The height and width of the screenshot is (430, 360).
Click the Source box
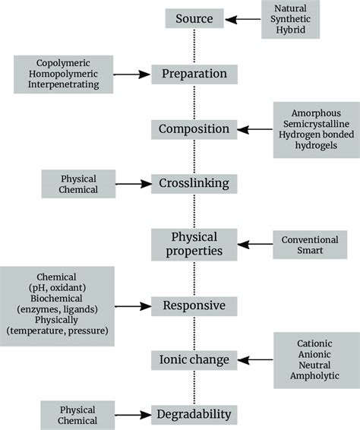(x=194, y=19)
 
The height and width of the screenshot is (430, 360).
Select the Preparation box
(x=194, y=74)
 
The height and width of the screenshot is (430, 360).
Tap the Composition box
(x=194, y=129)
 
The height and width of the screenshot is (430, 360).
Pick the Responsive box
(x=194, y=307)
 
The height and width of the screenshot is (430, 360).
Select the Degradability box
(x=194, y=415)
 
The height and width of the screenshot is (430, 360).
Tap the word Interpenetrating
(x=63, y=86)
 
